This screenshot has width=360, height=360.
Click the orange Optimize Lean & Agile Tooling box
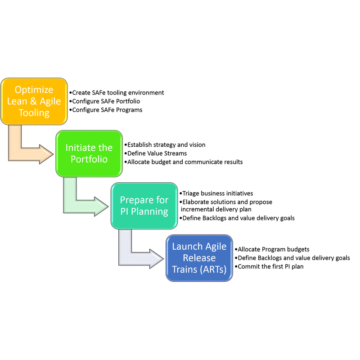pos(34,101)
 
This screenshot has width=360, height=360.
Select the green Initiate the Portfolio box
pos(89,153)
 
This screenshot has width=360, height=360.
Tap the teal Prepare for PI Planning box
pos(144,206)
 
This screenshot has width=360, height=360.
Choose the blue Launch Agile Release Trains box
pos(199,258)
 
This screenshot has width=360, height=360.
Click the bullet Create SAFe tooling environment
pos(117,93)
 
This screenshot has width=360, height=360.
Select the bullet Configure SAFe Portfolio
pos(105,101)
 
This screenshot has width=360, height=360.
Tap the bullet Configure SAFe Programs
pos(106,110)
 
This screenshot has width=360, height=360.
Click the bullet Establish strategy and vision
pos(165,145)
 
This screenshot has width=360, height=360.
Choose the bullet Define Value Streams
pos(156,153)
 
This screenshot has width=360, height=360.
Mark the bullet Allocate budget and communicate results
pos(184,162)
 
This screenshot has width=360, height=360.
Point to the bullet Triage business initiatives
pos(216,193)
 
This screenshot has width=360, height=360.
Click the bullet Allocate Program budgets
pos(272,249)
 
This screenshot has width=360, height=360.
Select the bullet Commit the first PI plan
pos(269,266)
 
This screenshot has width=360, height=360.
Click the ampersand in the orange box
pos(33,101)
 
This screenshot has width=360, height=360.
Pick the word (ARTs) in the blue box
pos(213,270)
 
